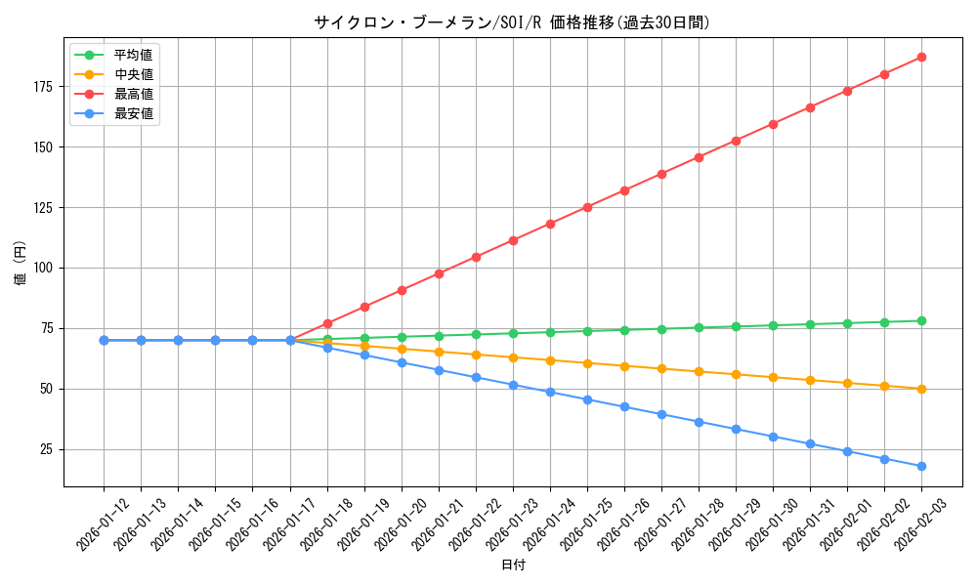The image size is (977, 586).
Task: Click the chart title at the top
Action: point(512,21)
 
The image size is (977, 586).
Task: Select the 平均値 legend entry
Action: point(133,55)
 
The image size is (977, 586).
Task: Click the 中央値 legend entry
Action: point(133,74)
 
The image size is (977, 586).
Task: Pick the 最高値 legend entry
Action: point(133,94)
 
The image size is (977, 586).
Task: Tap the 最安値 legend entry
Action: point(133,113)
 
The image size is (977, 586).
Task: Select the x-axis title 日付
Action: point(513,565)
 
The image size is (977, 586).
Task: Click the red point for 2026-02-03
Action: point(921,58)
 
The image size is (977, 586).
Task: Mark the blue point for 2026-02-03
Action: point(921,466)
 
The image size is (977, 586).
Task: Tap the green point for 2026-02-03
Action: point(921,321)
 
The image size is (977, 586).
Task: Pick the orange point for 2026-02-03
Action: point(921,389)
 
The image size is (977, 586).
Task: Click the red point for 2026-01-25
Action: point(587,207)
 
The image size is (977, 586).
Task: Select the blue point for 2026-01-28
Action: point(699,422)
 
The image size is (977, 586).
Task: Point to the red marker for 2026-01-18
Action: point(327,323)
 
